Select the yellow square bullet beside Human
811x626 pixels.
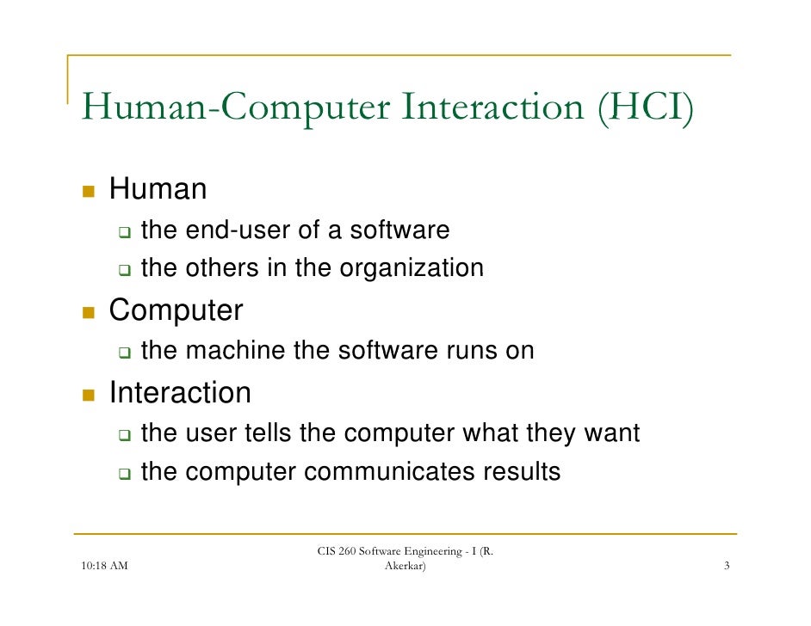click(87, 189)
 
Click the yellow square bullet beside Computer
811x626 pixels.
click(87, 311)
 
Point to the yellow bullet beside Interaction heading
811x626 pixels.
click(87, 394)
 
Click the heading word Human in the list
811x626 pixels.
click(158, 188)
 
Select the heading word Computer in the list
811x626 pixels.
click(176, 310)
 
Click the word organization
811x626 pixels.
click(412, 269)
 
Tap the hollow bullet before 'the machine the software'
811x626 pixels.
click(124, 353)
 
